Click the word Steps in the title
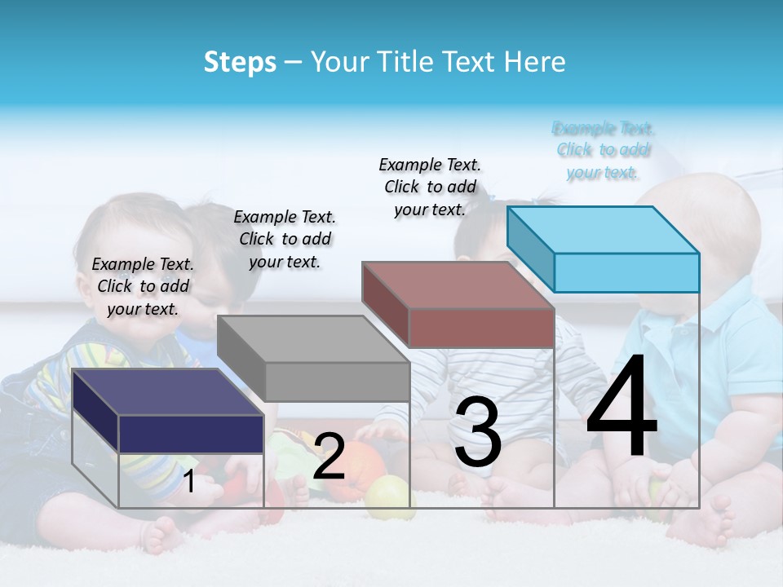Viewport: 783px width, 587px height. (x=240, y=62)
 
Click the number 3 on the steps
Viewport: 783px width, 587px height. (x=478, y=432)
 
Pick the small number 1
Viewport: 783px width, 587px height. (x=189, y=482)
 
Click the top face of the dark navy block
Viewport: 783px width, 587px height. (x=167, y=392)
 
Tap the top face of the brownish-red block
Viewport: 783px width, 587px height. (x=458, y=285)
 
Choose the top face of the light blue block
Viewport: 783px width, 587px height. (x=603, y=230)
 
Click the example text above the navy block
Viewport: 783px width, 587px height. (x=143, y=286)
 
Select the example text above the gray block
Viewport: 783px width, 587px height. (x=285, y=239)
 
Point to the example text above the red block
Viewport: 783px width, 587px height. (x=430, y=187)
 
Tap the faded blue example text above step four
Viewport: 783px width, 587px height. (x=603, y=150)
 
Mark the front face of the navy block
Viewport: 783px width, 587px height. (x=191, y=434)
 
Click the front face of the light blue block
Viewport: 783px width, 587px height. (x=626, y=272)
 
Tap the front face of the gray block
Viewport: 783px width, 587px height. (x=337, y=382)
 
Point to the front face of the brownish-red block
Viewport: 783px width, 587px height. (x=481, y=328)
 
